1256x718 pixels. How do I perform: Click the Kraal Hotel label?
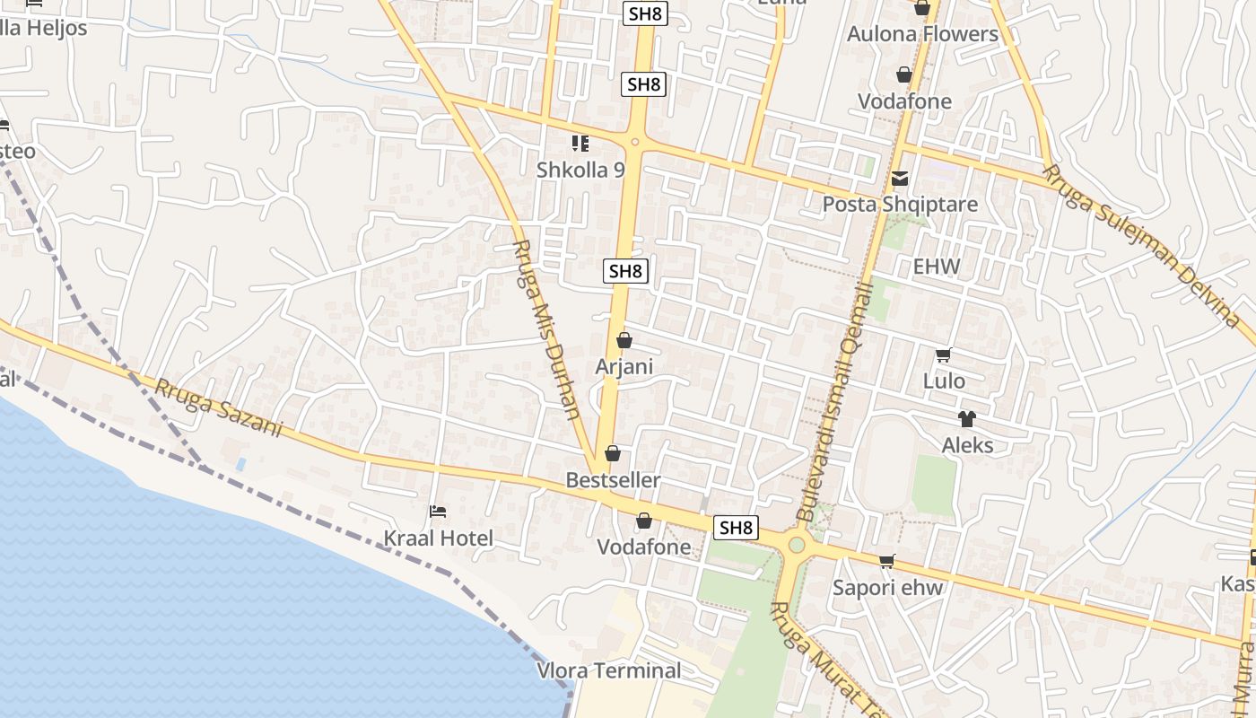[439, 538]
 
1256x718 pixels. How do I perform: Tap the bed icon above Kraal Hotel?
[438, 512]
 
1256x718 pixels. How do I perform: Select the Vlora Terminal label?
[609, 670]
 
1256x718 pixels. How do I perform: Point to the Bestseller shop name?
[613, 480]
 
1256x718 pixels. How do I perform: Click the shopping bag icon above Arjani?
[624, 340]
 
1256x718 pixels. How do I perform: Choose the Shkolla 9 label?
[580, 170]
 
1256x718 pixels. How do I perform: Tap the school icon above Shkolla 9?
[580, 144]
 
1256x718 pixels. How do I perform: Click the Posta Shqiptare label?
[900, 205]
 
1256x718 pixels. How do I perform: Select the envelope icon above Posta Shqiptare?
[900, 179]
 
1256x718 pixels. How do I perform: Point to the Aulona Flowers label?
[923, 34]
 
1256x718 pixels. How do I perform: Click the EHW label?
[936, 267]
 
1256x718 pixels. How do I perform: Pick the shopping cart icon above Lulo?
[943, 355]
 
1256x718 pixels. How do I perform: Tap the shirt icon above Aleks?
[966, 418]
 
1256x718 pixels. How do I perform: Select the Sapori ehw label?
[887, 588]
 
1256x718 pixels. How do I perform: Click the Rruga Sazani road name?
[218, 407]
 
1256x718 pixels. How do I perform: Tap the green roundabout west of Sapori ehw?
[796, 544]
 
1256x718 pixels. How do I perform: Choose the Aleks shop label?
[967, 445]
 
